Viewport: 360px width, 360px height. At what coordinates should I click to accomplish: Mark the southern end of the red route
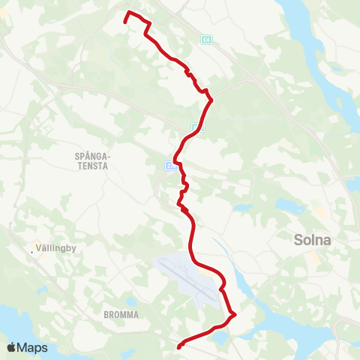[178, 346]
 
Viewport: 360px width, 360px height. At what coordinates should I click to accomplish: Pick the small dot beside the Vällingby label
[31, 251]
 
